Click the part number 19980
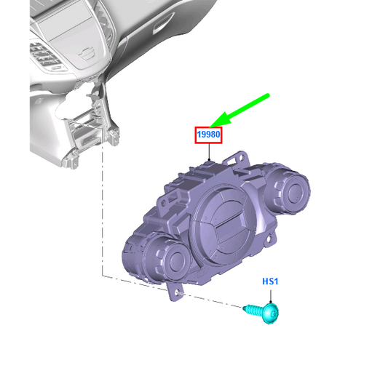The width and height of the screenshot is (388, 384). [x=208, y=135]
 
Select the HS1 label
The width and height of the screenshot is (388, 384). [x=270, y=281]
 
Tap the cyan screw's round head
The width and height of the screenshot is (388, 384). [x=271, y=313]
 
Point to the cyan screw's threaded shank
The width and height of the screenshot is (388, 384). [x=253, y=310]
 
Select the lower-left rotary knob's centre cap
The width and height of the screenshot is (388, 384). [x=178, y=260]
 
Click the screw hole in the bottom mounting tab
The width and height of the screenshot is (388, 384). [x=177, y=293]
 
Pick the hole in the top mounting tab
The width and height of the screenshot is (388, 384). [x=240, y=157]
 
